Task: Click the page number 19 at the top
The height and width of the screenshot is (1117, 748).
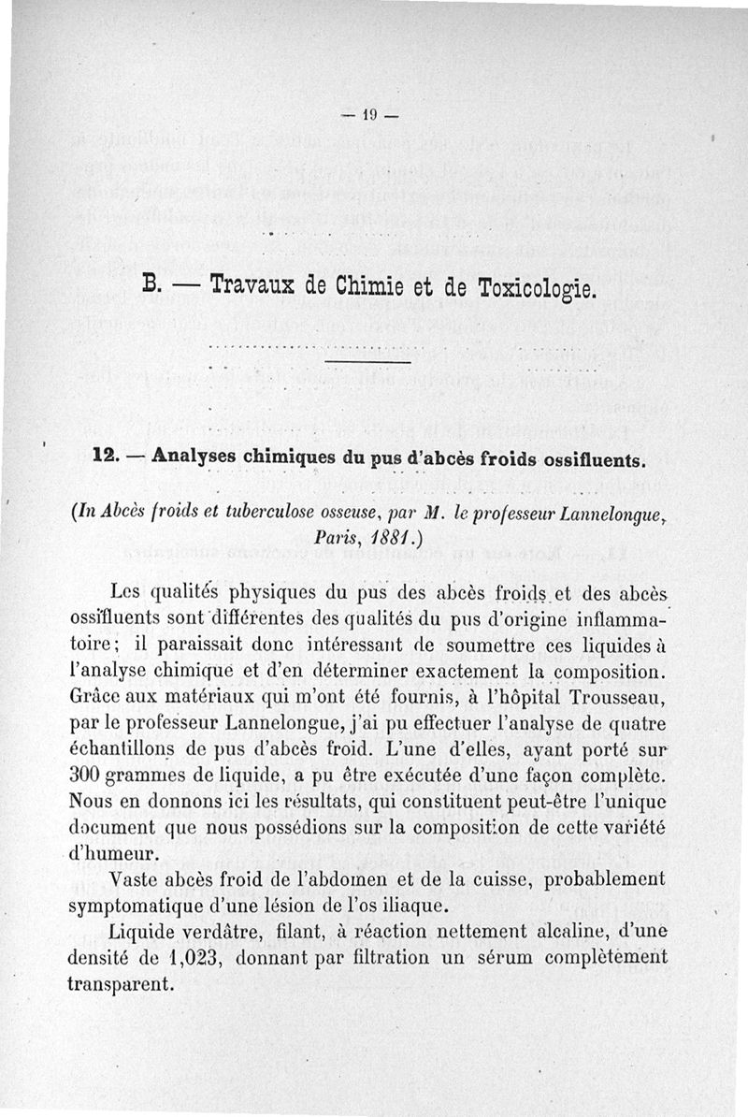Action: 370,116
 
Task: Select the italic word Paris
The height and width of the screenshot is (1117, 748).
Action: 340,539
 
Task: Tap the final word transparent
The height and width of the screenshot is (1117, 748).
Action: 122,984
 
